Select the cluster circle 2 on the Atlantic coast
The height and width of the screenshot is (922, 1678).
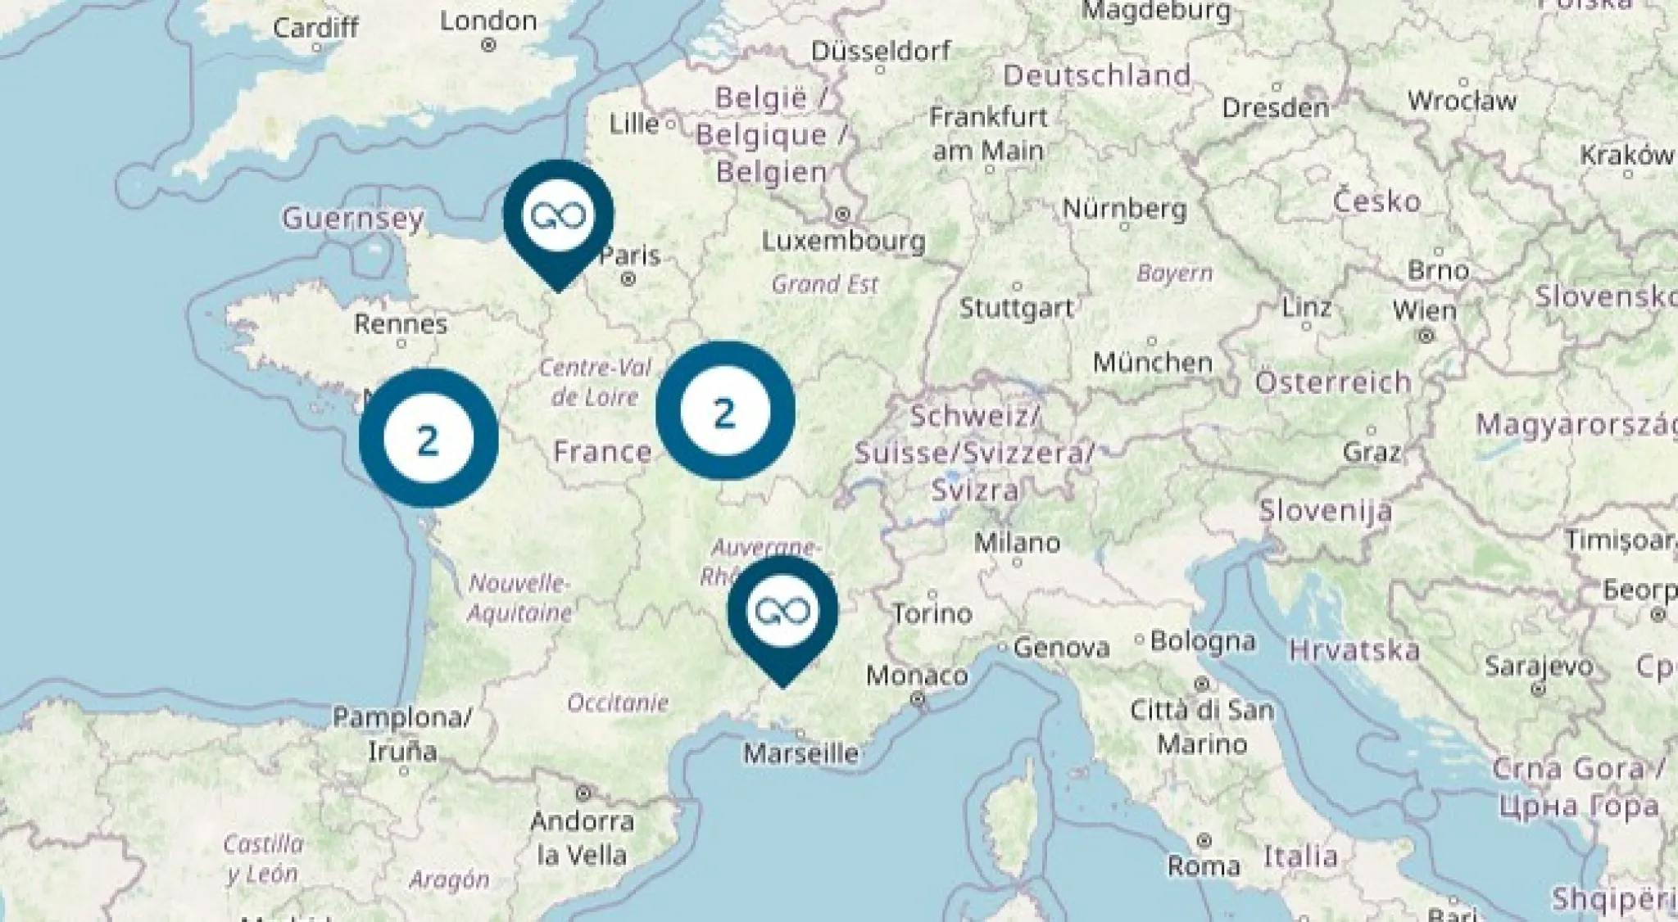429,438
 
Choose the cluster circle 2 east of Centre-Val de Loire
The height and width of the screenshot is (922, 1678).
725,411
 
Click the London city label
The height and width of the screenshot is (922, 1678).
488,21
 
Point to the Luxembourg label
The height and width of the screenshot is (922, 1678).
843,241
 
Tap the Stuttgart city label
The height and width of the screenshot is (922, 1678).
1016,309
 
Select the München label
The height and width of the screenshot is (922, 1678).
1152,362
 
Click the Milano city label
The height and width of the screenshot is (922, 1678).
1017,542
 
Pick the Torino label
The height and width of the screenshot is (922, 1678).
932,613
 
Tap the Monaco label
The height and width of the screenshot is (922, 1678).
917,676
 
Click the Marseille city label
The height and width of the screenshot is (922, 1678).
800,753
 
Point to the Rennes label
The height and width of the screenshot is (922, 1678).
401,324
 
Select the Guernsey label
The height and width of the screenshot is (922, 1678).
353,219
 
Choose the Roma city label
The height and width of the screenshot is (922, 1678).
1204,866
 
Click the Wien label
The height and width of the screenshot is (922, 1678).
1424,311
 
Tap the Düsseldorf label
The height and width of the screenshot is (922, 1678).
881,51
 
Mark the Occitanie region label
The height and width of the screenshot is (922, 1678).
618,703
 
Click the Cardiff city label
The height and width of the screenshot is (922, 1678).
315,28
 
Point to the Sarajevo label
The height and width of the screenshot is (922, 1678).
1539,667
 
